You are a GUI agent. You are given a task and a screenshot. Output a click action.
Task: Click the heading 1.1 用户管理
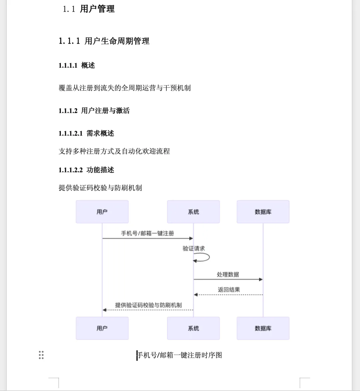89,9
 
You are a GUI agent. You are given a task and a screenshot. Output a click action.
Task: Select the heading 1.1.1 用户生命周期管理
104,41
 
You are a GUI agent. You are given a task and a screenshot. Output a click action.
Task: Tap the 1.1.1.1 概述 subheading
77,65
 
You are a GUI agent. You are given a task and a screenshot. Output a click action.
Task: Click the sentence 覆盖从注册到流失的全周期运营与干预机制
125,88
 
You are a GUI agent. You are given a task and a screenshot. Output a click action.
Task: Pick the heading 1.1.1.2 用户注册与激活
94,111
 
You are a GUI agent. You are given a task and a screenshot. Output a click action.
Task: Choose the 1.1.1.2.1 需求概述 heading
86,133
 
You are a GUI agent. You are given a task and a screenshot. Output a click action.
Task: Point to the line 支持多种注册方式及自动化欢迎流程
114,151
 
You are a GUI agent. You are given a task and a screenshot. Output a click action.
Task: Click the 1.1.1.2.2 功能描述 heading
86,170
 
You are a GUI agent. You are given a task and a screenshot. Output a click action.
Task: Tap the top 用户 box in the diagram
102,212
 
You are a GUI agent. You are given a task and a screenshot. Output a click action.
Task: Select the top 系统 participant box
193,212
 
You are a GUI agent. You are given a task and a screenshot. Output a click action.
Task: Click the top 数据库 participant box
263,212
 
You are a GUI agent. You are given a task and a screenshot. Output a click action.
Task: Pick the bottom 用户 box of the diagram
102,328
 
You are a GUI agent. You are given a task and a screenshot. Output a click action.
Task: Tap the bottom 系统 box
193,328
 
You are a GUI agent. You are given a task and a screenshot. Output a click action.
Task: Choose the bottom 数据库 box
263,328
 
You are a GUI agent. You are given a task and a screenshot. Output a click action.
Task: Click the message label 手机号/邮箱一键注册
147,234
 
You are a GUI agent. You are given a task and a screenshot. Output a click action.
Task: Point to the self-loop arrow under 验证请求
203,258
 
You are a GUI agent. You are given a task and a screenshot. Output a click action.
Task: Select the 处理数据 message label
228,275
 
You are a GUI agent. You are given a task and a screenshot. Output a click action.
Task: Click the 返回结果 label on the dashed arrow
229,290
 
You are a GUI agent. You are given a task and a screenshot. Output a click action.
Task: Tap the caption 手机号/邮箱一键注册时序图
180,355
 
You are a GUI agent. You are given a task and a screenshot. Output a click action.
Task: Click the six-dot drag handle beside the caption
41,355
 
